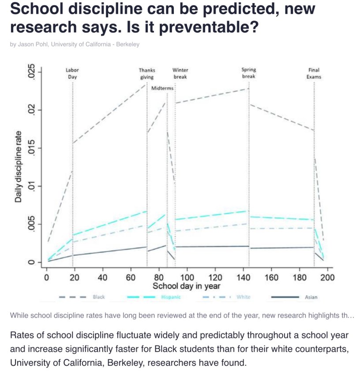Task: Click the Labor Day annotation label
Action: coord(72,73)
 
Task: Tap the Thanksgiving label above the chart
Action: coord(147,73)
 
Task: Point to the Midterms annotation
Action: coord(162,88)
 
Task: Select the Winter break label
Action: coord(180,73)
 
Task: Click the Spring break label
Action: coord(249,73)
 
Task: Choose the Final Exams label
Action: coord(314,73)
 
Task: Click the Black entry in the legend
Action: coord(99,297)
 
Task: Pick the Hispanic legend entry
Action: coord(168,297)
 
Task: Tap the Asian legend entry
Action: coord(311,297)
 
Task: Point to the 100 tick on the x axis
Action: coord(187,277)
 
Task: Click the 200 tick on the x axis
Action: coord(328,277)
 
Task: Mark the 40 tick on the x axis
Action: coord(103,277)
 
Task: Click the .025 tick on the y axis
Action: coord(31,72)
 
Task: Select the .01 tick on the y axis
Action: coord(31,186)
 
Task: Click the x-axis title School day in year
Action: coord(187,286)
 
